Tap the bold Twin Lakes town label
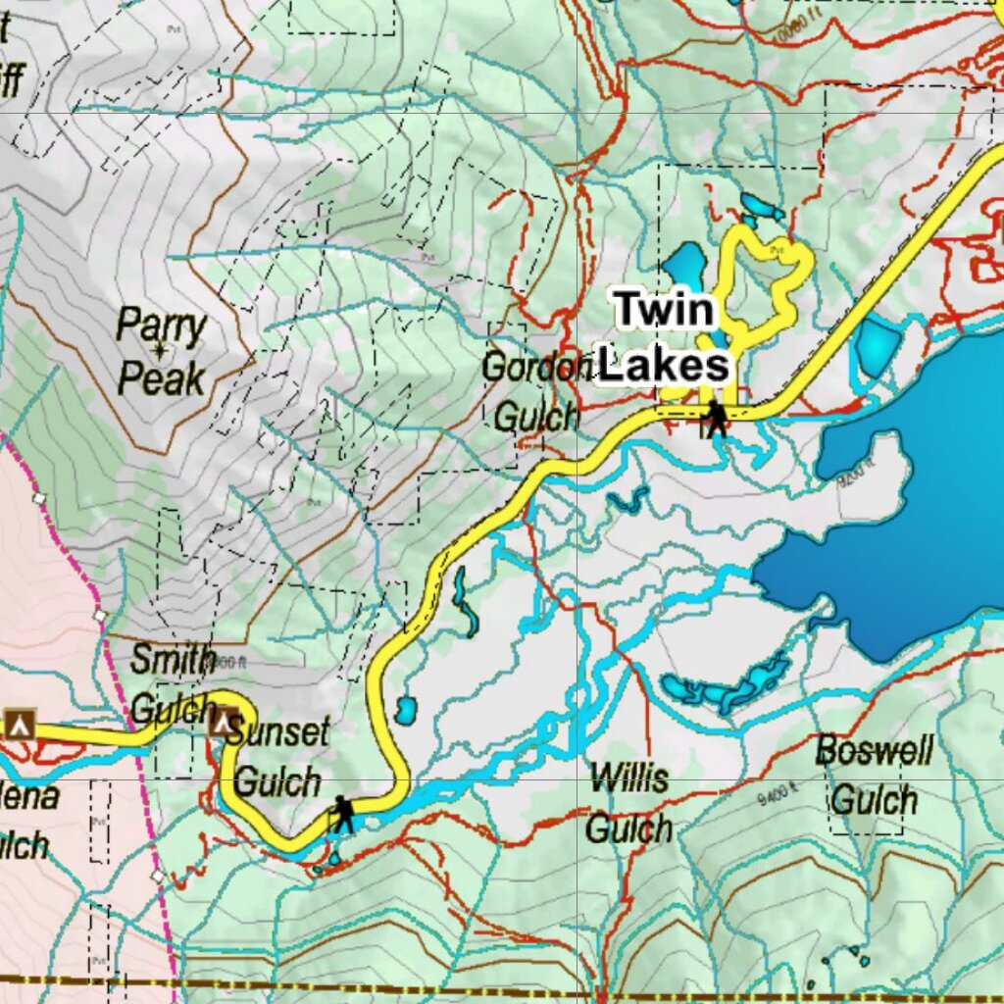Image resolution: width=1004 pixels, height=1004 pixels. tap(665, 338)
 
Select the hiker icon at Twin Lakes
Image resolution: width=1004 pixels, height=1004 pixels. tap(717, 419)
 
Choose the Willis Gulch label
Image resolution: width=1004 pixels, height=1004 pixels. tap(628, 804)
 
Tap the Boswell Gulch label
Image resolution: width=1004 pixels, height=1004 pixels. tap(874, 776)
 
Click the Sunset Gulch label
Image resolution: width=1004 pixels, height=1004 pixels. tap(280, 757)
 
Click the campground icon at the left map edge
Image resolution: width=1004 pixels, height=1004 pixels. tap(19, 724)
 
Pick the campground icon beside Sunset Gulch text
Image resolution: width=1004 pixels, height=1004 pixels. tap(224, 723)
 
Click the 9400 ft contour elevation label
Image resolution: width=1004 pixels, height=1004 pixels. tap(780, 798)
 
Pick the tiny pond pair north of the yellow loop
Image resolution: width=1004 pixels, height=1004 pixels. tap(761, 207)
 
